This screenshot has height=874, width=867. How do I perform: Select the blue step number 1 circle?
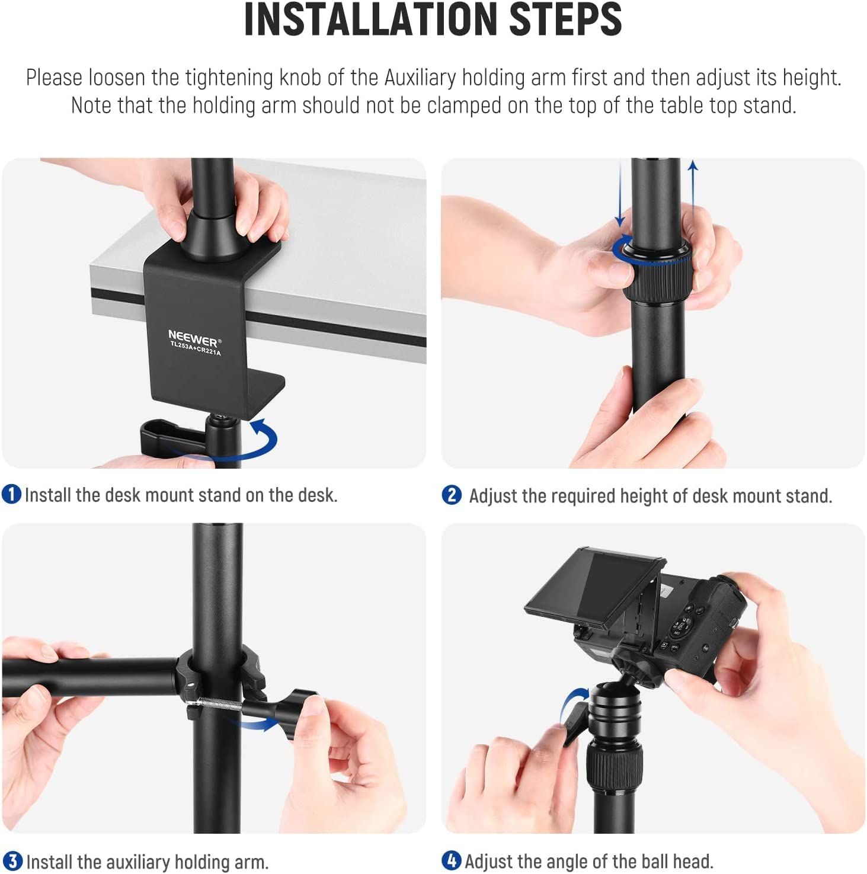pyautogui.click(x=11, y=494)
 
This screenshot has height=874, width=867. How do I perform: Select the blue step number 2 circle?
pyautogui.click(x=452, y=495)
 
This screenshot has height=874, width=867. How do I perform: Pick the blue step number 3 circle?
pyautogui.click(x=12, y=861)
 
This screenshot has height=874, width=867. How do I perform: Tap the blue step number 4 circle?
pyautogui.click(x=452, y=860)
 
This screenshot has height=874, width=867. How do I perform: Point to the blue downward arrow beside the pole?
pyautogui.click(x=620, y=196)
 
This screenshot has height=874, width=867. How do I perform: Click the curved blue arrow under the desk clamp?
pyautogui.click(x=261, y=441)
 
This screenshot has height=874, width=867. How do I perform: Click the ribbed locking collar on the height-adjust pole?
pyautogui.click(x=657, y=279)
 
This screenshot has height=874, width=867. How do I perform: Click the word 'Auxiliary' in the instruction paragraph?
pyautogui.click(x=421, y=78)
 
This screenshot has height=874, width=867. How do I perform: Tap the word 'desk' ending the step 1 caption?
pyautogui.click(x=317, y=495)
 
